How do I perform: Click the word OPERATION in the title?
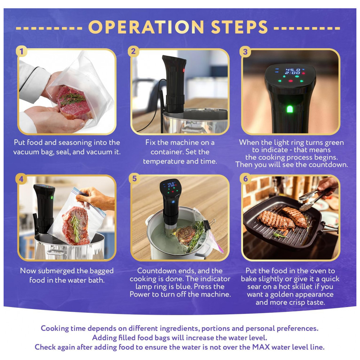coord(146,27)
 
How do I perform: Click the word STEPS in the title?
coord(239,27)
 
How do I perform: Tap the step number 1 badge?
coord(22,51)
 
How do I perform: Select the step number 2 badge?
coord(134,51)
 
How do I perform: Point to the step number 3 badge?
coord(245,51)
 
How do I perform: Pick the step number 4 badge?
coord(21,179)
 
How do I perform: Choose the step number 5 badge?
coord(134,179)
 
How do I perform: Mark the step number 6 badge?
coord(246,179)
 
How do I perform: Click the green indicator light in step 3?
coord(290,109)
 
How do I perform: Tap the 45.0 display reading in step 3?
coord(293,69)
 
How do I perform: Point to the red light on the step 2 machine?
coord(184,70)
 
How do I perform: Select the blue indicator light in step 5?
coord(173,202)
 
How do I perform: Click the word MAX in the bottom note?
coord(261,347)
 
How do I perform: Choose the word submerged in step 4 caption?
coord(56,271)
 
